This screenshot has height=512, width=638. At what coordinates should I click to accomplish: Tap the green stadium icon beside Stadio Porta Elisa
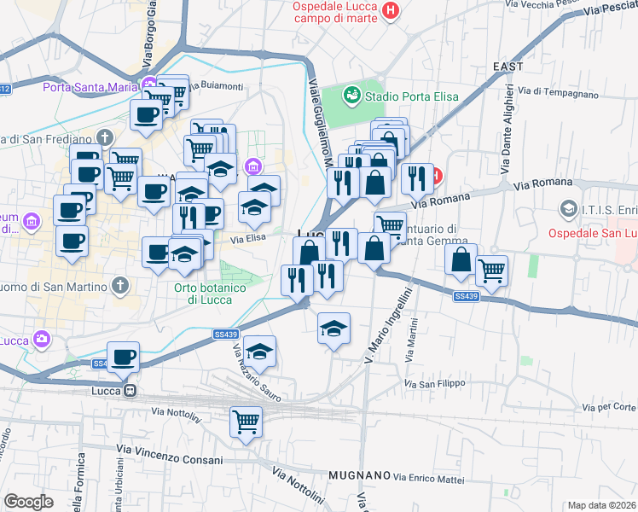pos(351,96)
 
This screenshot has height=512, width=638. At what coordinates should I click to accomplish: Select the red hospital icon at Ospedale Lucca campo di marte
pos(391,11)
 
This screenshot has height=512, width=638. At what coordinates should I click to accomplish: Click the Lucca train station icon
pos(130,391)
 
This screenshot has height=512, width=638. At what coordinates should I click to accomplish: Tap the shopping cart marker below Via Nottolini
pos(246,421)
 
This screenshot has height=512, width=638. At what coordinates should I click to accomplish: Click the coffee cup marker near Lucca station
pos(123,357)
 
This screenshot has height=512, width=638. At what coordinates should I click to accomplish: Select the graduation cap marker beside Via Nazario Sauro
pos(259,350)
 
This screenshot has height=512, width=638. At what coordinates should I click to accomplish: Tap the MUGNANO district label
pos(359,474)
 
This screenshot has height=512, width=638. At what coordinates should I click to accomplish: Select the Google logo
pos(28,501)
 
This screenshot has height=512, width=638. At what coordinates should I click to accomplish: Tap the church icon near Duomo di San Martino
pos(120,284)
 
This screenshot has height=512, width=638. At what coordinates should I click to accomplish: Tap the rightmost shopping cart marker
pos(491,271)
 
